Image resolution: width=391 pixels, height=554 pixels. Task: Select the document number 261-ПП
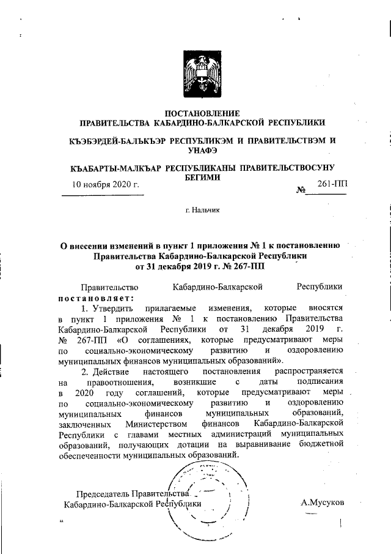point(332,184)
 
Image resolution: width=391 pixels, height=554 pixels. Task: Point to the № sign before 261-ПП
point(301,191)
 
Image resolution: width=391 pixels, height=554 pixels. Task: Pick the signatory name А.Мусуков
point(323,503)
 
